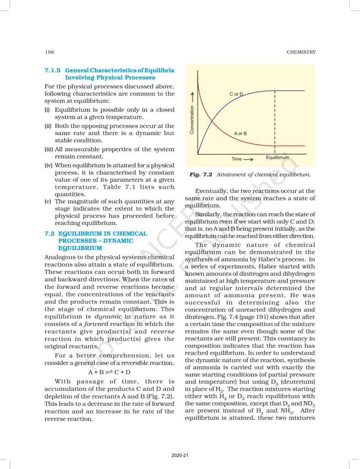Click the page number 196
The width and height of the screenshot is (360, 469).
pos(49,52)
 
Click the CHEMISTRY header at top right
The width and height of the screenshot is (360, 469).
pos(301,52)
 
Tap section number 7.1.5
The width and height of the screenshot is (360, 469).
pos(53,71)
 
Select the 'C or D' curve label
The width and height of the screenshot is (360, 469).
pos(236,94)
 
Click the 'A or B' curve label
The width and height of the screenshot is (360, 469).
pos(240,133)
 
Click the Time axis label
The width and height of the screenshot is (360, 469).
pos(236,159)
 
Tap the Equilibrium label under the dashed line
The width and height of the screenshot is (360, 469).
pos(277,158)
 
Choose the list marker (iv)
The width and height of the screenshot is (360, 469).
pos(48,165)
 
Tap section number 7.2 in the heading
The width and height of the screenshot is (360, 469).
pos(49,234)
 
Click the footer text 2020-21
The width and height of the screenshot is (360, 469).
pos(180,455)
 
